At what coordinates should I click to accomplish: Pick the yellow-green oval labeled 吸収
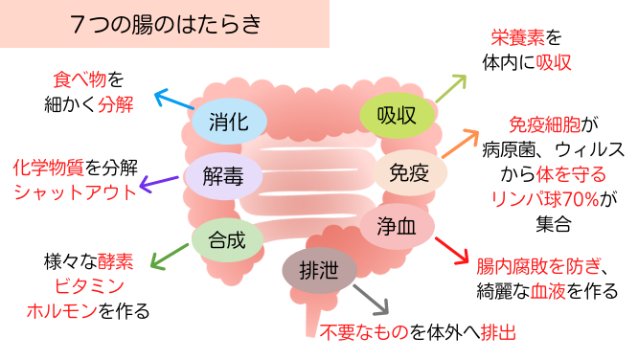(x=396, y=116)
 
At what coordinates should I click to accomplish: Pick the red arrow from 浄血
(x=452, y=250)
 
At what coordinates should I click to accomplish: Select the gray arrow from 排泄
(x=372, y=301)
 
